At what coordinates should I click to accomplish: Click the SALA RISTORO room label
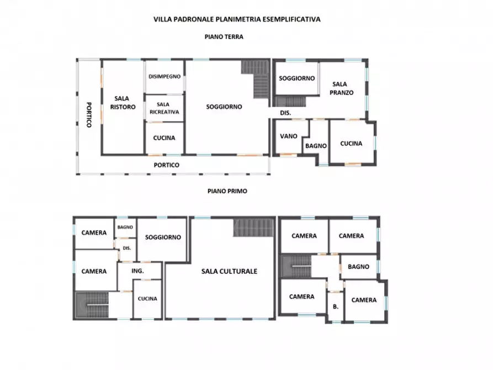pos(123,103)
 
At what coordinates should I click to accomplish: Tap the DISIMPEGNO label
pos(165,76)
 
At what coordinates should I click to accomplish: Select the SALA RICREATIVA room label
pos(164,108)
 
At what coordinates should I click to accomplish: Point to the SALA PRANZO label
pos(341,88)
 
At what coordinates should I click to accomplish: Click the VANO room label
pos(289,136)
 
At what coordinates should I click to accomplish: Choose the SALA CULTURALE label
pos(229,271)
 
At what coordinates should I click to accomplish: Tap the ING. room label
pos(137,271)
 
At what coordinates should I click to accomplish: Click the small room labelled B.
pos(336,306)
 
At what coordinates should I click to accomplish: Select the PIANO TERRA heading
pos(224,37)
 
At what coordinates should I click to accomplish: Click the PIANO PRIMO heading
pos(227,191)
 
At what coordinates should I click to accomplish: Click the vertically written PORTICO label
pos(89,115)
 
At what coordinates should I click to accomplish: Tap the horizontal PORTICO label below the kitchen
pos(166,165)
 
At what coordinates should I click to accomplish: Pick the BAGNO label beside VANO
pos(316,146)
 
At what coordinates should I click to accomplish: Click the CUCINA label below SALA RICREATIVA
pos(164,138)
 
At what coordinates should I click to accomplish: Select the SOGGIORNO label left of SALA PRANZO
pos(297,78)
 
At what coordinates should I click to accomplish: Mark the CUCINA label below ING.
pos(147,299)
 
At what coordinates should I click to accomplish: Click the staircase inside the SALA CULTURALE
pos(253,228)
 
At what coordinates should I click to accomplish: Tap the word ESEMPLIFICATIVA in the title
pos(291,19)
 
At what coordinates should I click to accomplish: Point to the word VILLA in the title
pos(162,19)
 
